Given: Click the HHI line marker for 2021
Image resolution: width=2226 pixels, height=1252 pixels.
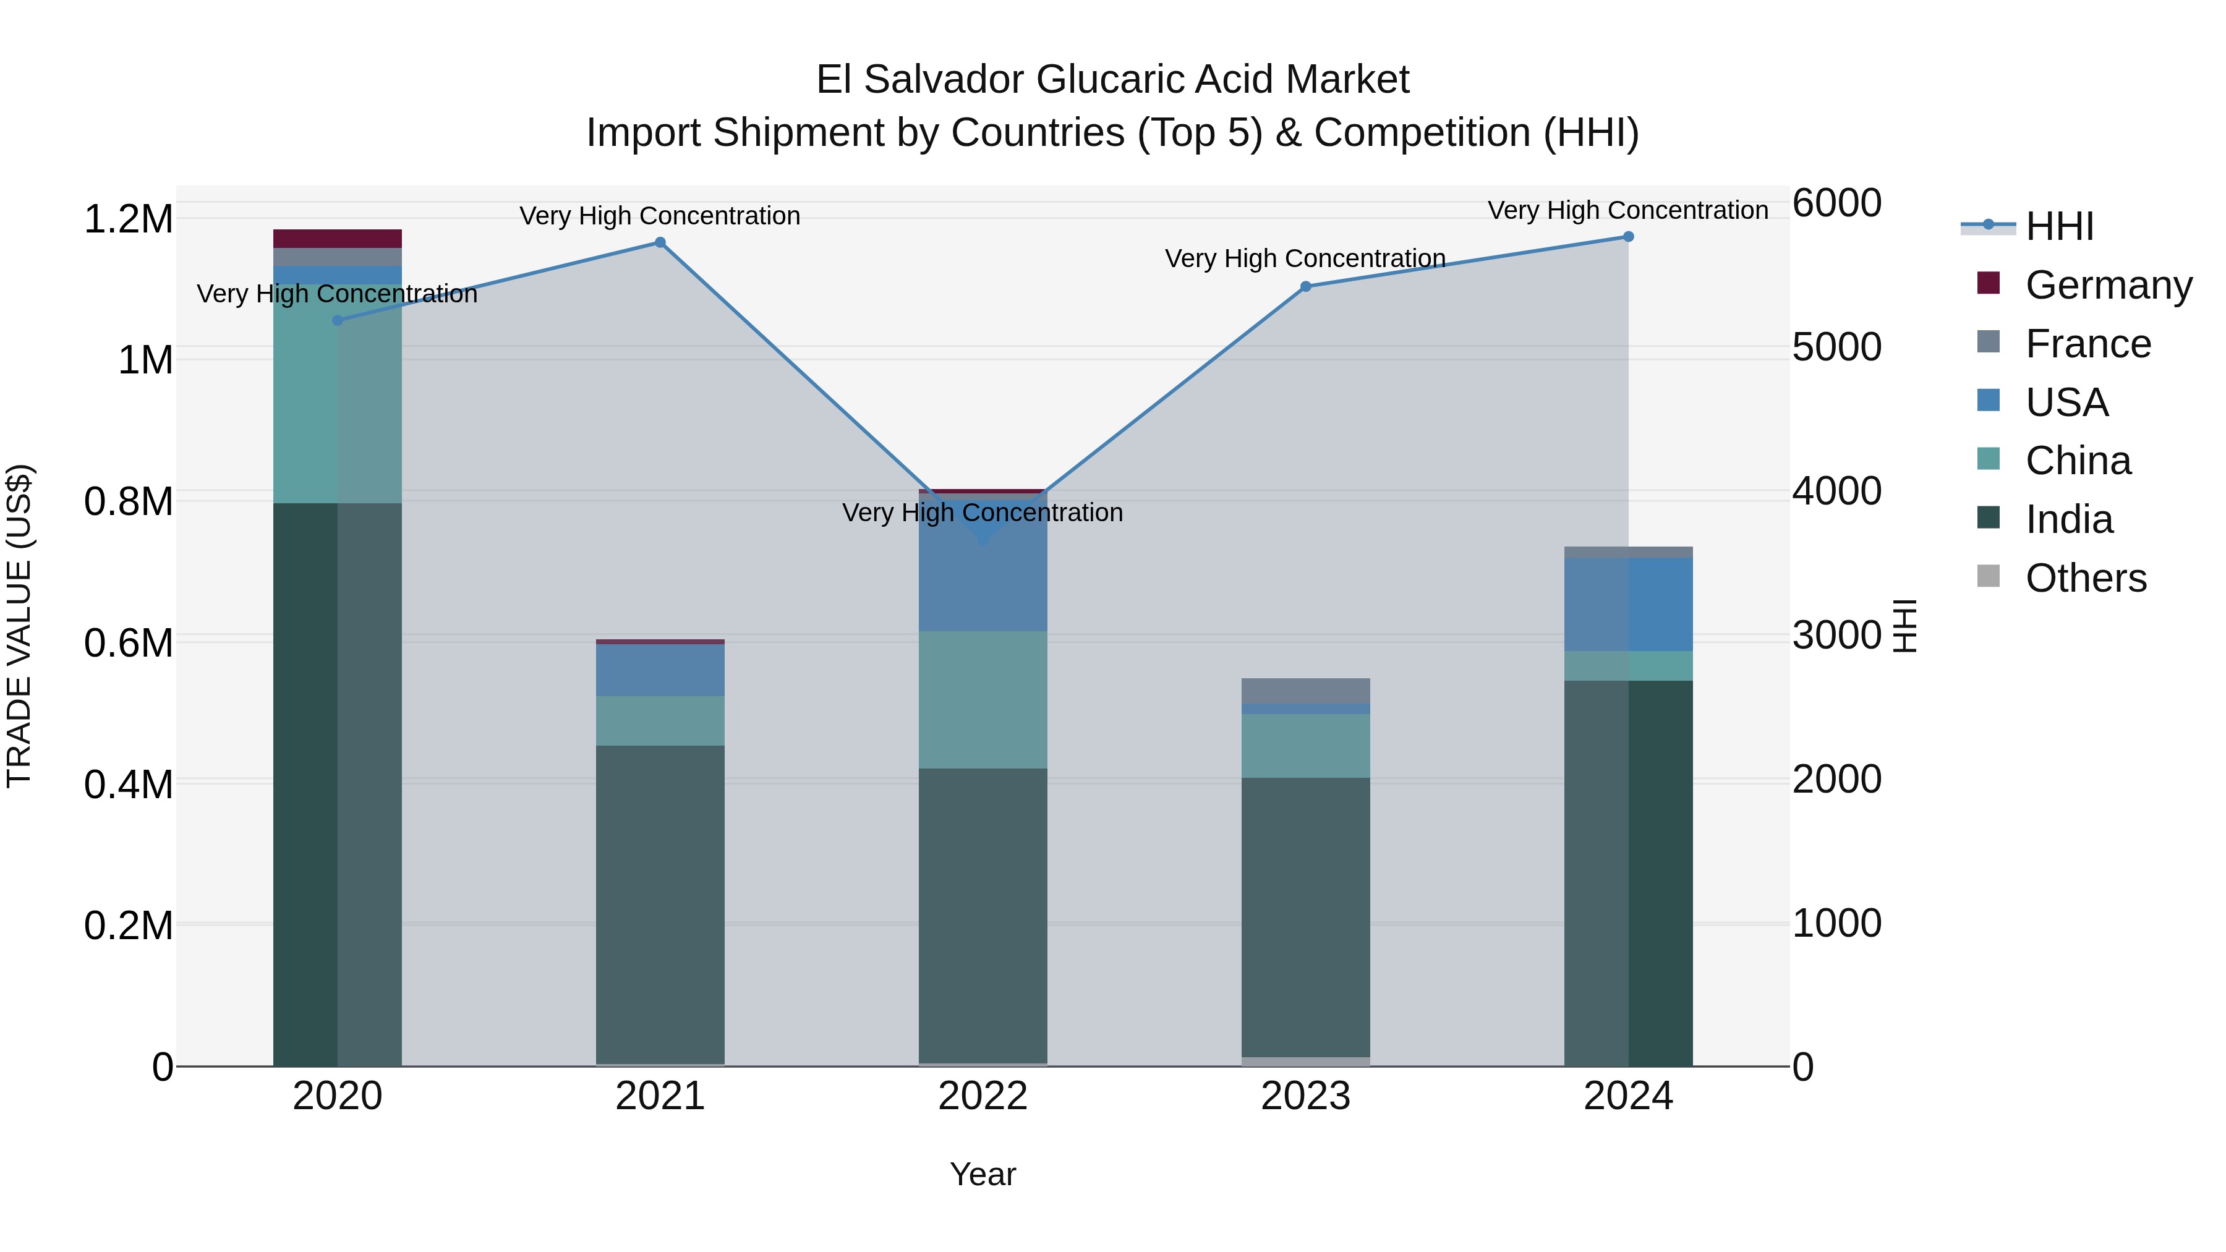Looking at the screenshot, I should pos(660,243).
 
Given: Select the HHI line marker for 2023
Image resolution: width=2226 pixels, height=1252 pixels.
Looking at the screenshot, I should pos(1306,287).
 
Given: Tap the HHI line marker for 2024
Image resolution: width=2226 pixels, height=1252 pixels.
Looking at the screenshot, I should pos(1628,237).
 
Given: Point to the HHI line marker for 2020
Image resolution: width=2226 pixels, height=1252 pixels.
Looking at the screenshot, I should pos(338,320).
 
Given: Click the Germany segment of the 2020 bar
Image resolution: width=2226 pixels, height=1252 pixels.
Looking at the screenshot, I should pos(338,239).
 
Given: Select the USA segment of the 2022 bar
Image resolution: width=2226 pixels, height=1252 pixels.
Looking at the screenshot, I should pos(983,570).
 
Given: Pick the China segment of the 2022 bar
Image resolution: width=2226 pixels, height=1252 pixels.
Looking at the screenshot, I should pos(983,700).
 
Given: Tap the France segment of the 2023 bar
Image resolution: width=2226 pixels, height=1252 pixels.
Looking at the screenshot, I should pos(1306,691).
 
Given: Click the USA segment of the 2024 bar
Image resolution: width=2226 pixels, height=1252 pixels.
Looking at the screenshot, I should pos(1628,604).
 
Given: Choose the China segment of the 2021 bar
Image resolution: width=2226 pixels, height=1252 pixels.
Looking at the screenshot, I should pos(660,721).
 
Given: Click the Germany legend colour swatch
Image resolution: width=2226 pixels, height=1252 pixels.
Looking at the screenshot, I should pos(1989,283).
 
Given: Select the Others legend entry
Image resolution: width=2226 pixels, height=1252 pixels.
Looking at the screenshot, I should pos(2085,578).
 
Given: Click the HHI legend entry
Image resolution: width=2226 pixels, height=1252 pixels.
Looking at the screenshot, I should pos(2059,226).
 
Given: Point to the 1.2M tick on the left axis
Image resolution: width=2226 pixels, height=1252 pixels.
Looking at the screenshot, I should pos(129,219).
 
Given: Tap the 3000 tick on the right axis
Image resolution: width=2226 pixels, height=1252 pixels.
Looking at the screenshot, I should pos(1836,635).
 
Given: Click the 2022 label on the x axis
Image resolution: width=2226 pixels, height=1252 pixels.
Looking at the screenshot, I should pos(983,1096).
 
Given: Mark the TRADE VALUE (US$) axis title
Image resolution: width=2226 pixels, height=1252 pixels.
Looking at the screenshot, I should pos(19,626).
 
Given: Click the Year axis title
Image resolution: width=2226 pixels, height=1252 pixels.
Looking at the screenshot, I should pos(983,1174).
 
